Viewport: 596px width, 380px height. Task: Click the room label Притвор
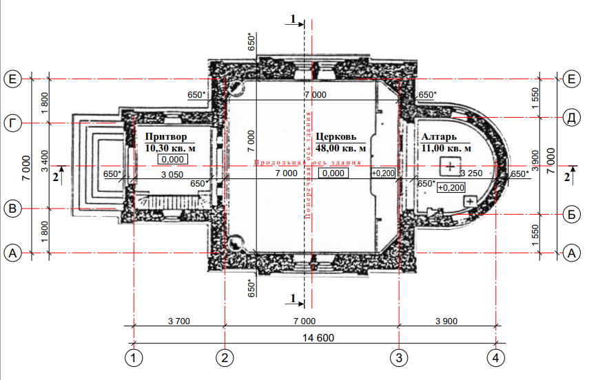[x=166, y=137]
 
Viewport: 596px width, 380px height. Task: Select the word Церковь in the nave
[x=336, y=137]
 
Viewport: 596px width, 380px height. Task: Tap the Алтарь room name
[x=439, y=137]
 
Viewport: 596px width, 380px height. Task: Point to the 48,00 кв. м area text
[x=340, y=149]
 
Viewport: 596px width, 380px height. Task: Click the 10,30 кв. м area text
[x=170, y=149]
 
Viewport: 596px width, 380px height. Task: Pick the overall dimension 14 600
[x=318, y=338]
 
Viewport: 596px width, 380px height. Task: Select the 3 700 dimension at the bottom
[x=179, y=321]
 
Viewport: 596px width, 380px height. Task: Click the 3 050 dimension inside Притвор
[x=172, y=175]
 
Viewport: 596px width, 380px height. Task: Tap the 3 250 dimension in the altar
[x=471, y=173]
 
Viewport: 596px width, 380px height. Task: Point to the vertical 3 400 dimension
[x=45, y=161]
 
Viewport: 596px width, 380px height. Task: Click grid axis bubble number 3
[x=399, y=357]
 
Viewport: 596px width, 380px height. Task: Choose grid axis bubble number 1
[x=134, y=357]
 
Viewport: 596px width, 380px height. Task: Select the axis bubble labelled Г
[x=12, y=123]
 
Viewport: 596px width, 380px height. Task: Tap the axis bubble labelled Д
[x=571, y=118]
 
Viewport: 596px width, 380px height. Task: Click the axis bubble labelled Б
[x=571, y=215]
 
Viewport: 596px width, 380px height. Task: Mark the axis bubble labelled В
[x=12, y=209]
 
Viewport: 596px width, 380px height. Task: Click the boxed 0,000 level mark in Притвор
[x=173, y=160]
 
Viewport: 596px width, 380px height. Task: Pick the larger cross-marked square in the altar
[x=451, y=167]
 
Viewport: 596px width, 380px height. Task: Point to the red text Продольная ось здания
[x=307, y=162]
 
